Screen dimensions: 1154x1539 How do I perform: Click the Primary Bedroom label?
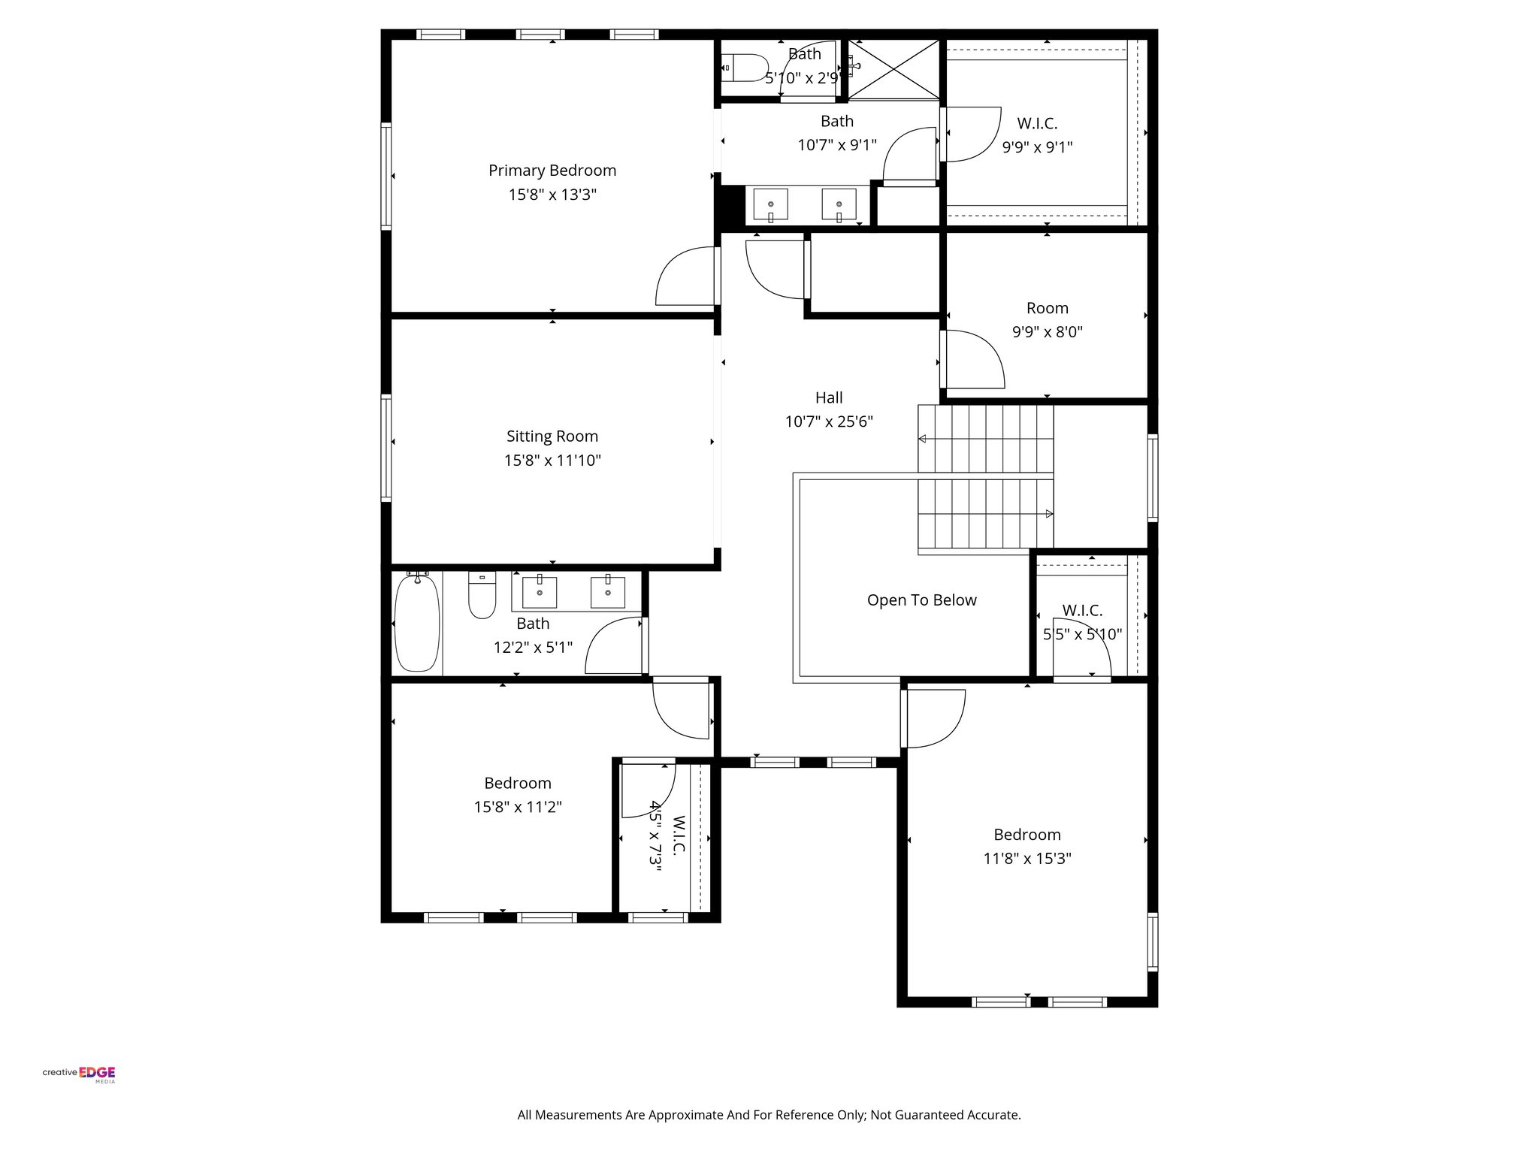click(x=552, y=171)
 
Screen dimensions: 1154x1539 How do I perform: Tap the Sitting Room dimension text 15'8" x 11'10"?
click(x=552, y=461)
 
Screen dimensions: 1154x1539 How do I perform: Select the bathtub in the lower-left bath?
click(x=416, y=623)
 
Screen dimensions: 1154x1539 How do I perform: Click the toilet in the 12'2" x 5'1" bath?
click(x=482, y=596)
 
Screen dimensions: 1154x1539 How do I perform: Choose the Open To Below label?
click(x=921, y=600)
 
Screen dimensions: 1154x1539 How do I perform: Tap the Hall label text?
click(x=829, y=397)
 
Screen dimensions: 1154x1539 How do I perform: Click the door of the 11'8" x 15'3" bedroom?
click(x=933, y=718)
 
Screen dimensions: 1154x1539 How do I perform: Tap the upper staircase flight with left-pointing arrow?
click(x=984, y=439)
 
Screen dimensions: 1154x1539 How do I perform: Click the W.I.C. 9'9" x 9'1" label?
click(x=1037, y=124)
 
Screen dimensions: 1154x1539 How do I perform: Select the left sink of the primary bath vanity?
click(x=770, y=204)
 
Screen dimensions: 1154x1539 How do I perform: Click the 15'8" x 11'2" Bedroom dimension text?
click(x=518, y=808)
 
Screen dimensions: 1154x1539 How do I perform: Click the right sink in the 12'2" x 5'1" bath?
click(x=607, y=592)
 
